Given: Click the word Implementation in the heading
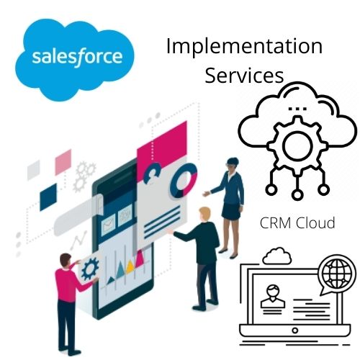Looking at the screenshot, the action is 244,46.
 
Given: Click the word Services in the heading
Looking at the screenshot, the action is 244,76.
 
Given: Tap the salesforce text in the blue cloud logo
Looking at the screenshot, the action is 77,56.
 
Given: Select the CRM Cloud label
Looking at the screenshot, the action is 297,222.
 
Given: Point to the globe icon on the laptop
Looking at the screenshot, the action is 337,271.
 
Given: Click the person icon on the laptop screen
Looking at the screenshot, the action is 273,296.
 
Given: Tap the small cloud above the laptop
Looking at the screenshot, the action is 277,256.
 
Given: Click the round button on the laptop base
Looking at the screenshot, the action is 295,330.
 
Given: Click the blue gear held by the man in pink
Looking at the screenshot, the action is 90,269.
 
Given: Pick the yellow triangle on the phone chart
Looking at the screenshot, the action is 130,266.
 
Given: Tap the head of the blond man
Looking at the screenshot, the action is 204,215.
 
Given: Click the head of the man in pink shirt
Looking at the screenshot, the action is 66,261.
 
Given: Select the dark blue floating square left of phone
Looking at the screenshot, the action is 48,197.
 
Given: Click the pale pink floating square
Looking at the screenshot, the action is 63,162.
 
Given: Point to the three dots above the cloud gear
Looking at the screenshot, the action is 297,109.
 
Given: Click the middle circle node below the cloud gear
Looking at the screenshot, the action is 297,194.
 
